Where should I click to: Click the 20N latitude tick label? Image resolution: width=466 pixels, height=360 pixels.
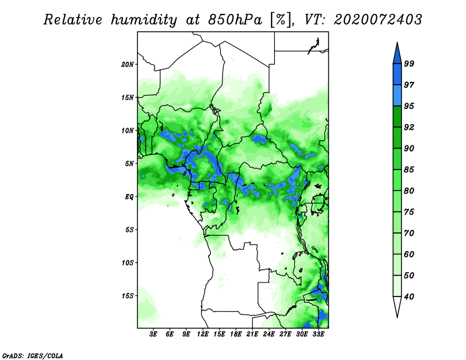(127, 65)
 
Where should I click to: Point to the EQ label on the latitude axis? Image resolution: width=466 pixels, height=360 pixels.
(129, 197)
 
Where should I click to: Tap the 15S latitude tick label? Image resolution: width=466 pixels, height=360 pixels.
(127, 296)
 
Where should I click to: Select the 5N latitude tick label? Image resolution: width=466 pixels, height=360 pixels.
(129, 164)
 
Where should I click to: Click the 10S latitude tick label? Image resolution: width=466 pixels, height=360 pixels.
(127, 263)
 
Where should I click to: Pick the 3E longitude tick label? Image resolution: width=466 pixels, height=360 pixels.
(153, 334)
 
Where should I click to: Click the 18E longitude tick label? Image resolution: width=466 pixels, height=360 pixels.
(236, 334)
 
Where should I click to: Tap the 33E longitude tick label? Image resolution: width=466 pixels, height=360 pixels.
(318, 334)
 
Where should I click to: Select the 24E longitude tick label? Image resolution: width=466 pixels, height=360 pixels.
(269, 334)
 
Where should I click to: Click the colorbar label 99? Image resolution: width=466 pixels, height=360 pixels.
(409, 63)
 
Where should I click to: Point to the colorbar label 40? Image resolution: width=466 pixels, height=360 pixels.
(409, 297)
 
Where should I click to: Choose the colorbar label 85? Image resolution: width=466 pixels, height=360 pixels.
(409, 170)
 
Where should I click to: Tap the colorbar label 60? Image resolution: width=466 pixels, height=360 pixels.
(409, 254)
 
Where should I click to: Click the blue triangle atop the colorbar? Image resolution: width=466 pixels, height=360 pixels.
(397, 55)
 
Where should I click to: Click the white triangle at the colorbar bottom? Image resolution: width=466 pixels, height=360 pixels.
(397, 305)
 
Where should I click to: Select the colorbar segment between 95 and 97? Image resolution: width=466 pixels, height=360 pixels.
(397, 96)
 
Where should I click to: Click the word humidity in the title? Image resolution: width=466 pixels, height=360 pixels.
(144, 20)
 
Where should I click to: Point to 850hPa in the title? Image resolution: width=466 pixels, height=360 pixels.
(235, 20)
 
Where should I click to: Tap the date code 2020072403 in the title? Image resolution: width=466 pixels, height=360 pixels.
(377, 20)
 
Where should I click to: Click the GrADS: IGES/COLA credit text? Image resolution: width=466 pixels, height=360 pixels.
(33, 355)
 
